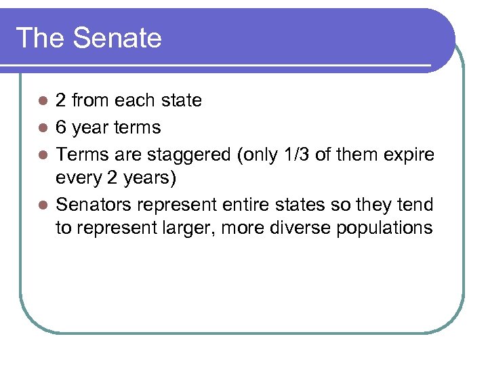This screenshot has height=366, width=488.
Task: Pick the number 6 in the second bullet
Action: [60, 127]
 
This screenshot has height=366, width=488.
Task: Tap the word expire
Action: [410, 154]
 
